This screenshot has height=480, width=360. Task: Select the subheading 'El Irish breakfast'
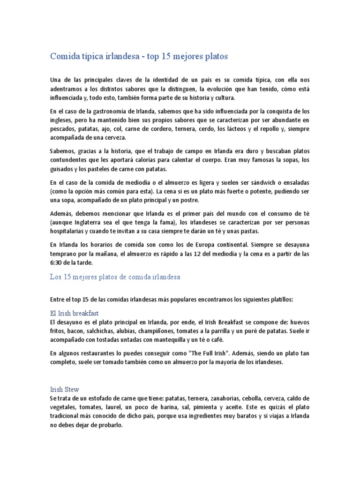74,313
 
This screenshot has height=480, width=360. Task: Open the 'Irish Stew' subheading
65,389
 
